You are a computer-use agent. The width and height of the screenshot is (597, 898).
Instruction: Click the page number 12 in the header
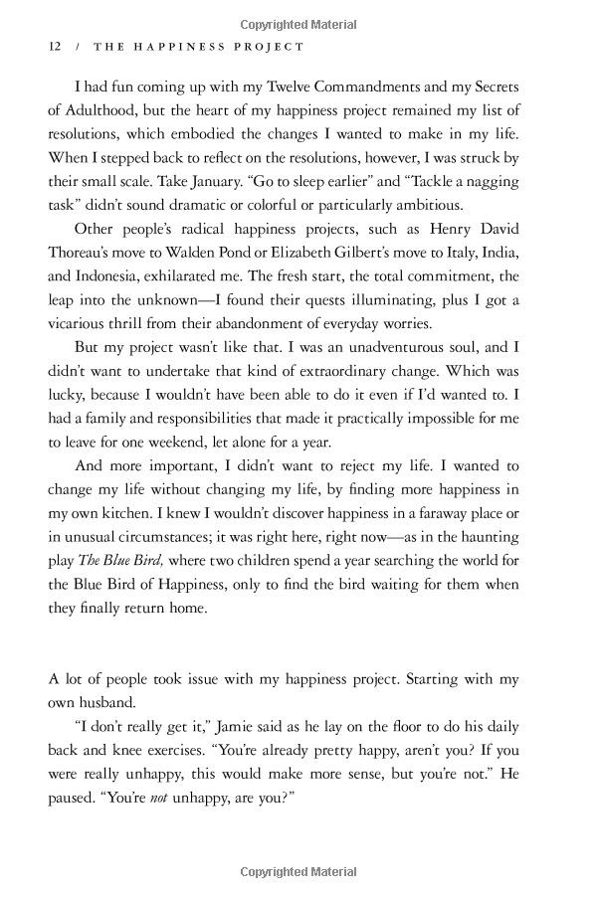[56, 47]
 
